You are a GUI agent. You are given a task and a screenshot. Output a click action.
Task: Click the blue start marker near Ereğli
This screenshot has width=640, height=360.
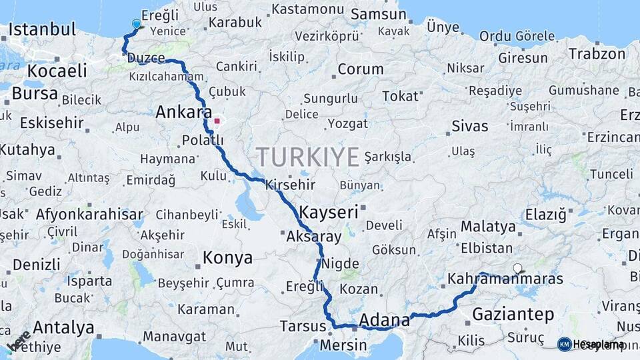[x=137, y=24]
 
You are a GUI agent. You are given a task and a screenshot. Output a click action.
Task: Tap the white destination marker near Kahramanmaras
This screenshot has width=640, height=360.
[x=518, y=268]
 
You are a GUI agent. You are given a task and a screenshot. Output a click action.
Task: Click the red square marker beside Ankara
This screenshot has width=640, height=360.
[x=217, y=121]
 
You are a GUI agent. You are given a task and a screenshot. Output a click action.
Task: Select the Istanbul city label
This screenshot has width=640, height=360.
[x=43, y=29]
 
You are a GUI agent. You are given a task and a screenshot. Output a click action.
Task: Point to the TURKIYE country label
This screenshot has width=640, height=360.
[x=308, y=156]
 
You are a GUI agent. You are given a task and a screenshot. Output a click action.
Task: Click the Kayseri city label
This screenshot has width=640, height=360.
[x=329, y=212]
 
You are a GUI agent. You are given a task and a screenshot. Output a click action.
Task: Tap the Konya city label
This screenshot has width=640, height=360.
[x=227, y=257]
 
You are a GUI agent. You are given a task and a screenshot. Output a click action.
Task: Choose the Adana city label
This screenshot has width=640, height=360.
[x=384, y=321]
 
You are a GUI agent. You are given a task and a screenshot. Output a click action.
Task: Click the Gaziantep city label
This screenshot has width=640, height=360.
[x=513, y=313]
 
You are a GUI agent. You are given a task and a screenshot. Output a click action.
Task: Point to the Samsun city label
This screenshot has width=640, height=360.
[x=373, y=14]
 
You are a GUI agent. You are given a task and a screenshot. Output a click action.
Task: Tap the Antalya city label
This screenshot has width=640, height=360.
[x=63, y=327]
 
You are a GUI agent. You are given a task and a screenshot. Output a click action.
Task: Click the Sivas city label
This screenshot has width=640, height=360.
[x=469, y=125]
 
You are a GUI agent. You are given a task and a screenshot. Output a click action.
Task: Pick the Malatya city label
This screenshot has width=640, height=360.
[x=488, y=226]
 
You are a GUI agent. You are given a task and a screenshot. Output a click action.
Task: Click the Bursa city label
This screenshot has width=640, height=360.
[x=35, y=93]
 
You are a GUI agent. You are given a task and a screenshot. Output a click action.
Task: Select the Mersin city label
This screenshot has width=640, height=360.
[x=343, y=345]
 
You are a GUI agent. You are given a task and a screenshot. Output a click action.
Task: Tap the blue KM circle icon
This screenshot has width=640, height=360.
[x=564, y=344]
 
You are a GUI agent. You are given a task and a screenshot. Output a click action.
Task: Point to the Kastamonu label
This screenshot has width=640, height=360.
[x=308, y=9]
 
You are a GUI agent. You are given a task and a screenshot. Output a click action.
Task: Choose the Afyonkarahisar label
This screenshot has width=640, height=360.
[x=89, y=214]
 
